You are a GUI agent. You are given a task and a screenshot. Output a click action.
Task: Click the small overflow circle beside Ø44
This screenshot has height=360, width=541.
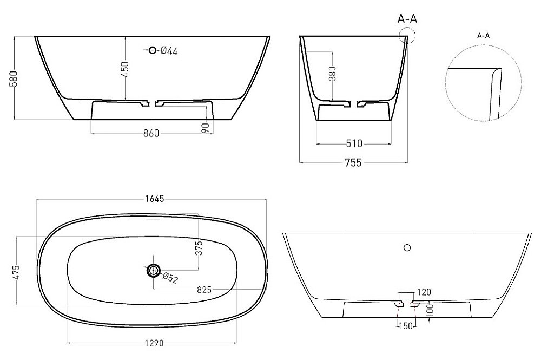(x=153, y=50)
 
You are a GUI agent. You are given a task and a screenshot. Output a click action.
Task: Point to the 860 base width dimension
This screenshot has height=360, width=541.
(x=151, y=134)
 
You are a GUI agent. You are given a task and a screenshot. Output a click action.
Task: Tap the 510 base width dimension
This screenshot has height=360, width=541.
(x=353, y=143)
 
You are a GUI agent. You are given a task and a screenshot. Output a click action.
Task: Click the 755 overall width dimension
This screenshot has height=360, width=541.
(x=353, y=162)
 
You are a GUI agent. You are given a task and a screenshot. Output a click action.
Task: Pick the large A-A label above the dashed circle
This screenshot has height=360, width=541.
(x=407, y=19)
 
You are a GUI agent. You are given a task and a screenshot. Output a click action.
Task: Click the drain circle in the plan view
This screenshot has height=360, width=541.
(x=154, y=270)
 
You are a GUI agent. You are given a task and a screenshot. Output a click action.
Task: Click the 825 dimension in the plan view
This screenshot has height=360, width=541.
(x=204, y=290)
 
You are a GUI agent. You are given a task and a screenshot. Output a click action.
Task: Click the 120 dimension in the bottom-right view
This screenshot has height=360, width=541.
(x=424, y=292)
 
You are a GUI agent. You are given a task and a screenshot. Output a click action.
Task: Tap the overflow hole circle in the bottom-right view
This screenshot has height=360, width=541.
(x=407, y=248)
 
